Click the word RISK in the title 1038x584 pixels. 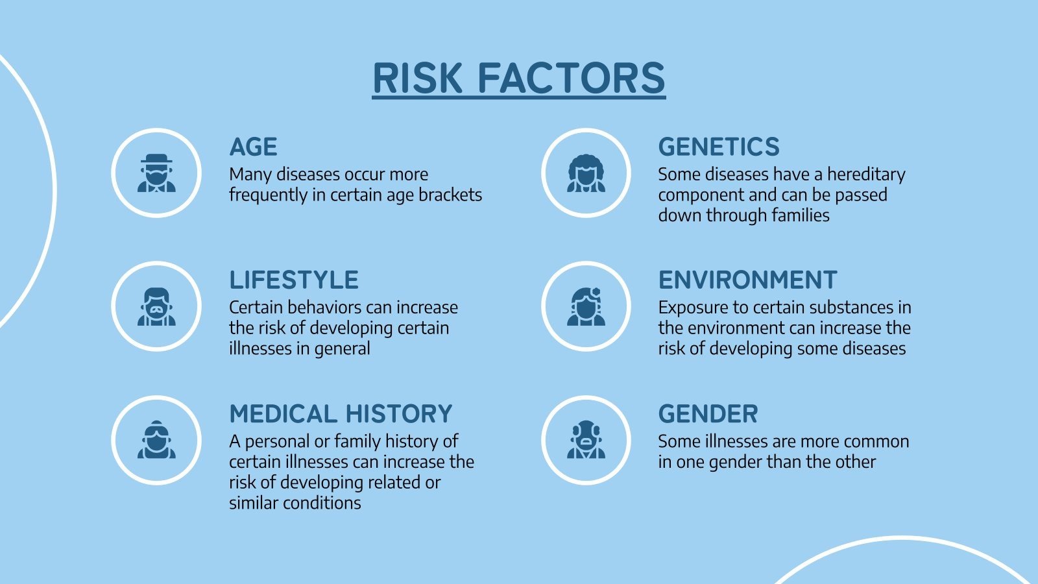[418, 78]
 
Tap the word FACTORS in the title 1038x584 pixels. [572, 78]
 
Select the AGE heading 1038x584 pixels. [253, 147]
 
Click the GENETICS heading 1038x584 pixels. [719, 147]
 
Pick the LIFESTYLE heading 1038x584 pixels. [294, 280]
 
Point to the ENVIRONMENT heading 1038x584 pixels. [747, 280]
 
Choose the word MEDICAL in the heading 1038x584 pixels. [283, 414]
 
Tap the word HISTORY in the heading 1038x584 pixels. [398, 414]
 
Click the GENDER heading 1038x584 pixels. [708, 414]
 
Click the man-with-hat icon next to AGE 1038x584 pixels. [156, 173]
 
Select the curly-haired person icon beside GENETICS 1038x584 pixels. [586, 173]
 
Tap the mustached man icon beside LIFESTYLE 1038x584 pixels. [156, 306]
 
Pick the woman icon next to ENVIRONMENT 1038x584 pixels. [586, 306]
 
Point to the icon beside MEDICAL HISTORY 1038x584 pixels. [156, 440]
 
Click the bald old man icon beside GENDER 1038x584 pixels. [586, 440]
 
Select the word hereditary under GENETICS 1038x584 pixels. [866, 175]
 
